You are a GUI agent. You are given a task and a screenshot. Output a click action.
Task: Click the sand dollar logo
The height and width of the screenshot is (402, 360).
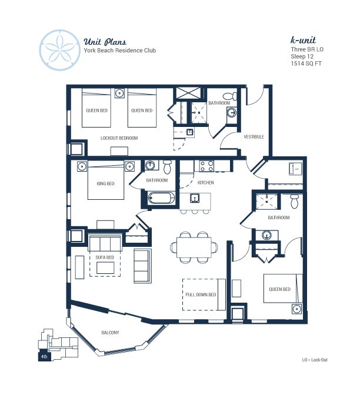click(x=60, y=50)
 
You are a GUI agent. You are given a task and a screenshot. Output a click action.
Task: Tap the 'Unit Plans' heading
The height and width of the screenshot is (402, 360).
click(x=105, y=42)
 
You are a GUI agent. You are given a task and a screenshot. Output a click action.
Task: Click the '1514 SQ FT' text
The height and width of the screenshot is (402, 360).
click(x=306, y=63)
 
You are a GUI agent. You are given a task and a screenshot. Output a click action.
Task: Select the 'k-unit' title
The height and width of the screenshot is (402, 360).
click(x=303, y=40)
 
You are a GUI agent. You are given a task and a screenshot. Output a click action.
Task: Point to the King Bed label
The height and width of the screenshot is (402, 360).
click(x=105, y=183)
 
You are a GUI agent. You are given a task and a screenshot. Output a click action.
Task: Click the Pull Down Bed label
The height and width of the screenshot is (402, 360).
click(x=201, y=295)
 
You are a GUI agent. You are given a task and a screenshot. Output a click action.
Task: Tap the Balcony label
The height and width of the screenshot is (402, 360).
click(x=111, y=333)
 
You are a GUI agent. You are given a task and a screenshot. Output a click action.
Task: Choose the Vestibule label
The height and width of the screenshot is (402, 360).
click(x=254, y=137)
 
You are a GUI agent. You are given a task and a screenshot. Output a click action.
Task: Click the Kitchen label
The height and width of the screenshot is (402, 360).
click(x=205, y=183)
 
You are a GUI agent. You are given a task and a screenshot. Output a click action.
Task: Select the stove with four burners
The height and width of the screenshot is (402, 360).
click(x=207, y=166)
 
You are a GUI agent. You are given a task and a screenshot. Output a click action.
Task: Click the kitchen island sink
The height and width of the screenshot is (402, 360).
click(x=195, y=198)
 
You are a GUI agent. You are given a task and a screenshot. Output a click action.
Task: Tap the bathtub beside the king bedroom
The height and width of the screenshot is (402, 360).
click(x=161, y=198)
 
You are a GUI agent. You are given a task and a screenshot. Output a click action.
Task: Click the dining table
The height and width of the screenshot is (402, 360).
click(x=194, y=247)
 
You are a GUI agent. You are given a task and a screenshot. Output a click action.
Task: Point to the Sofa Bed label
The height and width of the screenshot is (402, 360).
click(x=105, y=257)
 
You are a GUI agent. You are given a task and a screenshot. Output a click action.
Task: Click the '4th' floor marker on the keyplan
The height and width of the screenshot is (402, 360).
click(x=44, y=357)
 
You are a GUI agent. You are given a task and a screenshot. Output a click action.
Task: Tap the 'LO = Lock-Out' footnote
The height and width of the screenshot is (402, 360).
click(x=315, y=360)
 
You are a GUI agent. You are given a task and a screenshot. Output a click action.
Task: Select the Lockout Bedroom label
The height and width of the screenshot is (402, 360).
click(x=119, y=138)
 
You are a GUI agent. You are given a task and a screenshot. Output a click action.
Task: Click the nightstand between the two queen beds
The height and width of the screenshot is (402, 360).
click(x=119, y=93)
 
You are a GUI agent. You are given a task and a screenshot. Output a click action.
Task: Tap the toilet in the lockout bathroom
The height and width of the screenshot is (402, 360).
click(x=230, y=96)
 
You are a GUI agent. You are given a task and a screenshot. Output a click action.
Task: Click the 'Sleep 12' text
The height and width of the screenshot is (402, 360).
click(x=302, y=56)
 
